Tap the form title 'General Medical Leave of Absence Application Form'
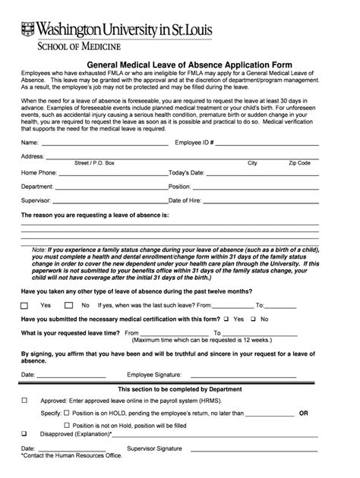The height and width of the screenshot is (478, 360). click(x=180, y=66)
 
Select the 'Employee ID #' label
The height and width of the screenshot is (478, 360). click(x=194, y=143)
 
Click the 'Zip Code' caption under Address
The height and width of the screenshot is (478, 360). click(x=299, y=163)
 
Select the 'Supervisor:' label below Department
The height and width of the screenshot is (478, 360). click(x=36, y=200)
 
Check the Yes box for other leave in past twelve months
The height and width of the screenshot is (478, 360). click(x=25, y=305)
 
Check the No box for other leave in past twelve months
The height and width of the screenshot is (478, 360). click(x=69, y=305)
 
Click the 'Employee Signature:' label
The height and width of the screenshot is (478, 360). click(x=155, y=375)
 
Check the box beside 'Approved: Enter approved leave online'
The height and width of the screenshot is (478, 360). click(x=25, y=400)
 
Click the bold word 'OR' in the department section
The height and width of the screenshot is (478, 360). click(x=304, y=414)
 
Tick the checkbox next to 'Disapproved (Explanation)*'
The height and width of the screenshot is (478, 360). click(x=25, y=434)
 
